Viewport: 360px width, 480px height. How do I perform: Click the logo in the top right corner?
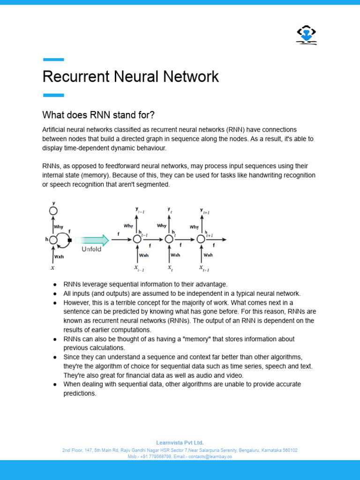[307, 35]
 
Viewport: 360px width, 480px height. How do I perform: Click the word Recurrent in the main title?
[74, 76]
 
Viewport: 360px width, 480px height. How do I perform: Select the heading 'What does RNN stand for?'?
[98, 115]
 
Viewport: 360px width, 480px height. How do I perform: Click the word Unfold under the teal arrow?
[91, 249]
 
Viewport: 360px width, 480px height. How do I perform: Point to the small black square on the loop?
[69, 240]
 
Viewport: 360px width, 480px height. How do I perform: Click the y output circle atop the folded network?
[53, 211]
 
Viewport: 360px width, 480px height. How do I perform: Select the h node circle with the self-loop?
[53, 240]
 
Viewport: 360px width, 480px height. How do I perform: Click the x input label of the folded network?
[52, 268]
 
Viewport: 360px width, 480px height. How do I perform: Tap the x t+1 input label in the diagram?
[203, 269]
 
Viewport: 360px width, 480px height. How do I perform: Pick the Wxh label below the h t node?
[175, 255]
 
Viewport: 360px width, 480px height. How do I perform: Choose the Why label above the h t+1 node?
[194, 227]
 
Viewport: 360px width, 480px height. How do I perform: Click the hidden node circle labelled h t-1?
[137, 240]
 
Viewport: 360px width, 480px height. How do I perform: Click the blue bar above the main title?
[53, 60]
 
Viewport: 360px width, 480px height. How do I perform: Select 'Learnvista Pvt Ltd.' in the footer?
[180, 442]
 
